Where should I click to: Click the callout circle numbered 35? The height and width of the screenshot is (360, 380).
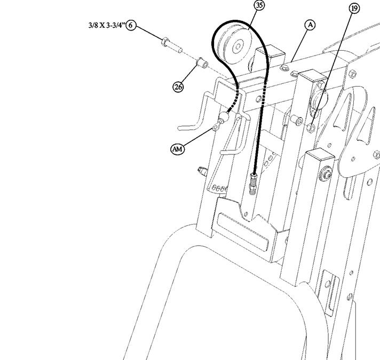pyautogui.click(x=259, y=5)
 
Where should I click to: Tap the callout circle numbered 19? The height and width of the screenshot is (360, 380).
pyautogui.click(x=354, y=9)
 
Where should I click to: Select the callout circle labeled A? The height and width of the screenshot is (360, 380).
pyautogui.click(x=310, y=25)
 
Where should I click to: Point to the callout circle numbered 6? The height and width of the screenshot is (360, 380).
pyautogui.click(x=131, y=25)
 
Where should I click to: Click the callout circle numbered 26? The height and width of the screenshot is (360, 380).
pyautogui.click(x=178, y=87)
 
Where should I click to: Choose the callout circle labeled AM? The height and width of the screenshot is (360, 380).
pyautogui.click(x=177, y=149)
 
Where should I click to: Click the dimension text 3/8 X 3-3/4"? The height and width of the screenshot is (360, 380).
pyautogui.click(x=107, y=25)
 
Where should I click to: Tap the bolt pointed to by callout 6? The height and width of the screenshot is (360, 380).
pyautogui.click(x=171, y=45)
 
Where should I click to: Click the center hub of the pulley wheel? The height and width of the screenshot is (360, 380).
pyautogui.click(x=238, y=46)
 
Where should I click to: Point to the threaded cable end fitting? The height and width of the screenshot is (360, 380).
pyautogui.click(x=254, y=184)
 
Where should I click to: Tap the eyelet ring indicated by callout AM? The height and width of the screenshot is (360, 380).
pyautogui.click(x=216, y=126)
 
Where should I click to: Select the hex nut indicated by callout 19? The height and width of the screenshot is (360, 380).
pyautogui.click(x=311, y=128)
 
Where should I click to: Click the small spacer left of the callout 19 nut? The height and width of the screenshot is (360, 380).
pyautogui.click(x=296, y=120)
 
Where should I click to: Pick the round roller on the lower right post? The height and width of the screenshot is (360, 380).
pyautogui.click(x=326, y=174)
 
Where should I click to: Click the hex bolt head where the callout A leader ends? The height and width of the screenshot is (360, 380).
pyautogui.click(x=284, y=67)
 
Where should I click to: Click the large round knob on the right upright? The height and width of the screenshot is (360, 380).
pyautogui.click(x=319, y=99)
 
